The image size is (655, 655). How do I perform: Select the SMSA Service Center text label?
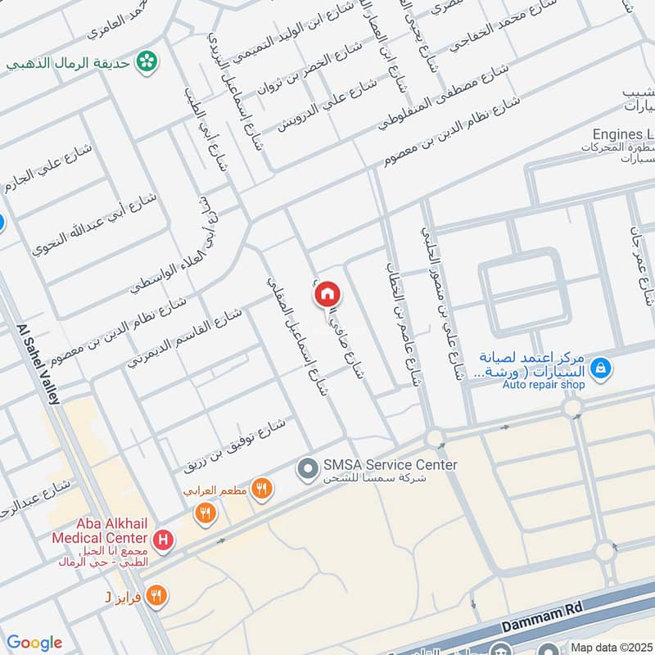click(389, 465)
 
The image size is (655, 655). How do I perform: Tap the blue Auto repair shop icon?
click(601, 368)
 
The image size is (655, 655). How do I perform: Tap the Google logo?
click(34, 643)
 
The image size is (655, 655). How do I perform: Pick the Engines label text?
click(623, 133)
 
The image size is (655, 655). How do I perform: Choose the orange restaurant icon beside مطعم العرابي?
click(261, 490)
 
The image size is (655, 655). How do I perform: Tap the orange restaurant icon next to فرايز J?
click(157, 596)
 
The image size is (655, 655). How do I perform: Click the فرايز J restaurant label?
click(123, 597)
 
